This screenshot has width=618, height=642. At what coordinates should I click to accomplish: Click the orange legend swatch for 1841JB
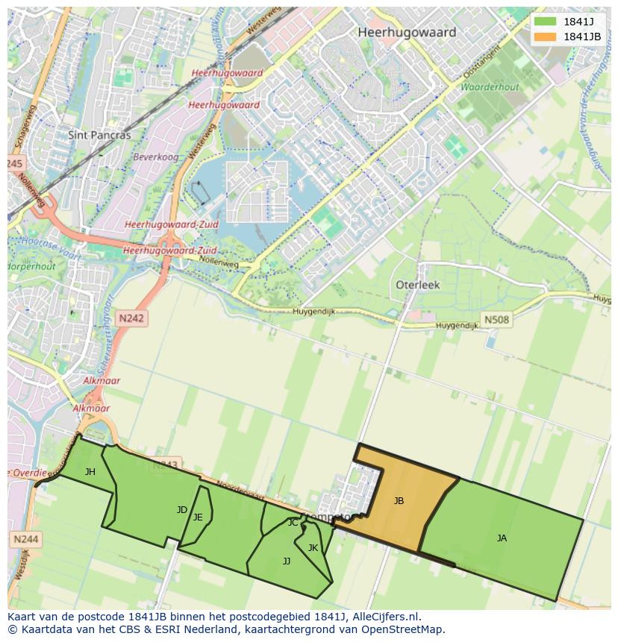[545, 37]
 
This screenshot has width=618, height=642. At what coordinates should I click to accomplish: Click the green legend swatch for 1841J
[545, 22]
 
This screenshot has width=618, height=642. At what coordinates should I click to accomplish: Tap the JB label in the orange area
[399, 501]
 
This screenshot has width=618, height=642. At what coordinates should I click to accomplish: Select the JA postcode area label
[502, 538]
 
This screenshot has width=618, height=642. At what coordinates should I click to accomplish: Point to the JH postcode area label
[90, 471]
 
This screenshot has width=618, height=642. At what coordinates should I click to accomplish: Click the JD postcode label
[182, 510]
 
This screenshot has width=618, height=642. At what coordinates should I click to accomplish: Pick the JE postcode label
[198, 517]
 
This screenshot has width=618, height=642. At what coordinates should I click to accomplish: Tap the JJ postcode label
[287, 561]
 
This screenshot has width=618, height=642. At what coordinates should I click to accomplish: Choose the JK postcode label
[313, 548]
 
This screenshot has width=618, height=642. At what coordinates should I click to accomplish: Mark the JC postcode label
[293, 523]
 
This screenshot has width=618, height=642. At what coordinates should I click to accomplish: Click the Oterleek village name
[417, 285]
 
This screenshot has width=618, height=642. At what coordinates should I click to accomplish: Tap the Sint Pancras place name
[99, 135]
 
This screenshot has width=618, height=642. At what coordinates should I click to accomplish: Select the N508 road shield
[496, 320]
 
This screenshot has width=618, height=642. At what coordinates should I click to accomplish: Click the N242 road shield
[131, 318]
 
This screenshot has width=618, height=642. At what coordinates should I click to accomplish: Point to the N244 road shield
[25, 538]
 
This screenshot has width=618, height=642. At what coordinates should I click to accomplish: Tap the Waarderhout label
[489, 87]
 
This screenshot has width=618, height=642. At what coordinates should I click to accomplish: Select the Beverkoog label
[155, 157]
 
